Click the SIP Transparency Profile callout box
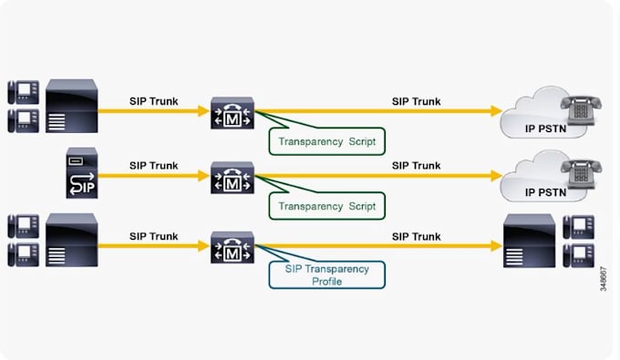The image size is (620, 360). pyautogui.click(x=325, y=274)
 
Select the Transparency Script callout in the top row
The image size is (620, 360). pyautogui.click(x=326, y=140)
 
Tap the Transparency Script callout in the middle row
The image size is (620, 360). pyautogui.click(x=326, y=206)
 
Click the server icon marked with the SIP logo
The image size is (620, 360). pyautogui.click(x=80, y=172)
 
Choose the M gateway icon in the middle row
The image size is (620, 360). pyautogui.click(x=232, y=176)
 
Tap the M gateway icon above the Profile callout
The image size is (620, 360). pyautogui.click(x=232, y=247)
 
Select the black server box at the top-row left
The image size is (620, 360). pyautogui.click(x=71, y=107)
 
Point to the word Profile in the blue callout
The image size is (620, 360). pyautogui.click(x=325, y=282)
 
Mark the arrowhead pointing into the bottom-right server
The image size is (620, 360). pyautogui.click(x=497, y=246)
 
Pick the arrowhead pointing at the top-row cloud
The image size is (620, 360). pyautogui.click(x=497, y=111)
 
